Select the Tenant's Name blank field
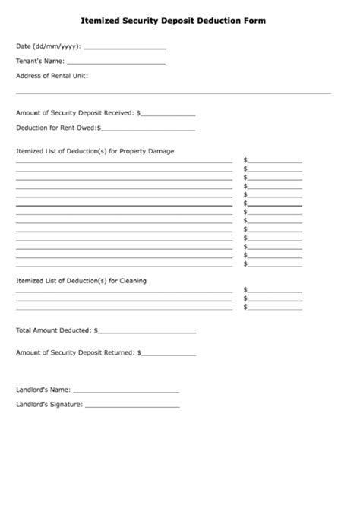tap(115, 62)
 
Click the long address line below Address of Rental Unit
tap(173, 92)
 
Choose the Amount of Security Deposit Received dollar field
tap(169, 114)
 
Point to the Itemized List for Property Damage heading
tap(95, 150)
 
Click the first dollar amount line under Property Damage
tap(275, 161)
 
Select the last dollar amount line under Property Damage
tap(275, 264)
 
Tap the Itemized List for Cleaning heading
tap(81, 281)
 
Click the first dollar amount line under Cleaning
tap(275, 290)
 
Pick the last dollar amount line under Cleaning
tap(275, 308)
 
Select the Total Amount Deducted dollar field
tap(147, 331)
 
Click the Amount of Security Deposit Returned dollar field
tap(169, 353)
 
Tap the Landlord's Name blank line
tap(126, 390)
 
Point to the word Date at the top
tap(24, 46)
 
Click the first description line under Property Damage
tap(124, 162)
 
